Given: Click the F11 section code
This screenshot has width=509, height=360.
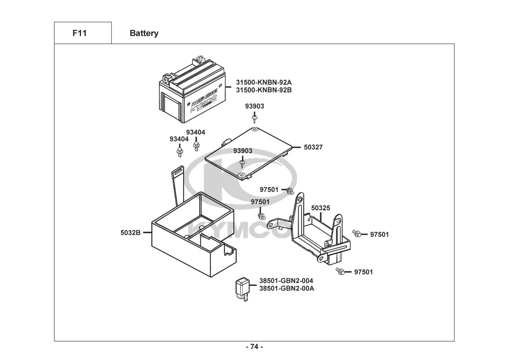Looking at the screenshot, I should [x=79, y=33].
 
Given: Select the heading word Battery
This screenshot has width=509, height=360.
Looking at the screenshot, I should [x=144, y=33].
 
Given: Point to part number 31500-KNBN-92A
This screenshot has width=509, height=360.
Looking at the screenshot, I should [x=264, y=82].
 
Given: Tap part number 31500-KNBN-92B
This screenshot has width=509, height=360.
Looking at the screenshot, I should [x=264, y=90].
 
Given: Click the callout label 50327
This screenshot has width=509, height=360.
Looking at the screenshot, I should [x=313, y=147].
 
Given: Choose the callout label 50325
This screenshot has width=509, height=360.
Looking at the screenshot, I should [x=321, y=208].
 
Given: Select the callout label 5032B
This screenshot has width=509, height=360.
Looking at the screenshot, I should [x=130, y=233].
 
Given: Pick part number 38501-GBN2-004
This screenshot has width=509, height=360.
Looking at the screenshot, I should [x=286, y=281].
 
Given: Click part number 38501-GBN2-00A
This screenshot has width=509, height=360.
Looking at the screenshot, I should [x=286, y=288].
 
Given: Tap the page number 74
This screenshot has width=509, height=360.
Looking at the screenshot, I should [x=254, y=347].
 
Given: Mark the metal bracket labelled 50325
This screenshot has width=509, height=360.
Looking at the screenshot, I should [x=317, y=234].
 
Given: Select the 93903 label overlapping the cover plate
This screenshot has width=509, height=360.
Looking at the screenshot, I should [x=242, y=151].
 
